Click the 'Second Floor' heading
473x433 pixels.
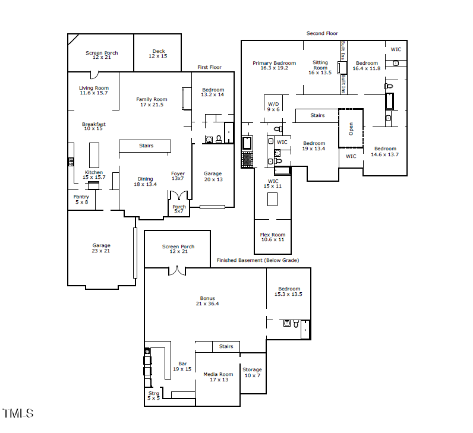pos(322,34)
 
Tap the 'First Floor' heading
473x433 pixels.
pos(209,68)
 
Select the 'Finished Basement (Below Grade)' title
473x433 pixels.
pos(257,260)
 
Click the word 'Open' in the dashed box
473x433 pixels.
pos(351,129)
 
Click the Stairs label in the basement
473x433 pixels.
pos(226,346)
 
